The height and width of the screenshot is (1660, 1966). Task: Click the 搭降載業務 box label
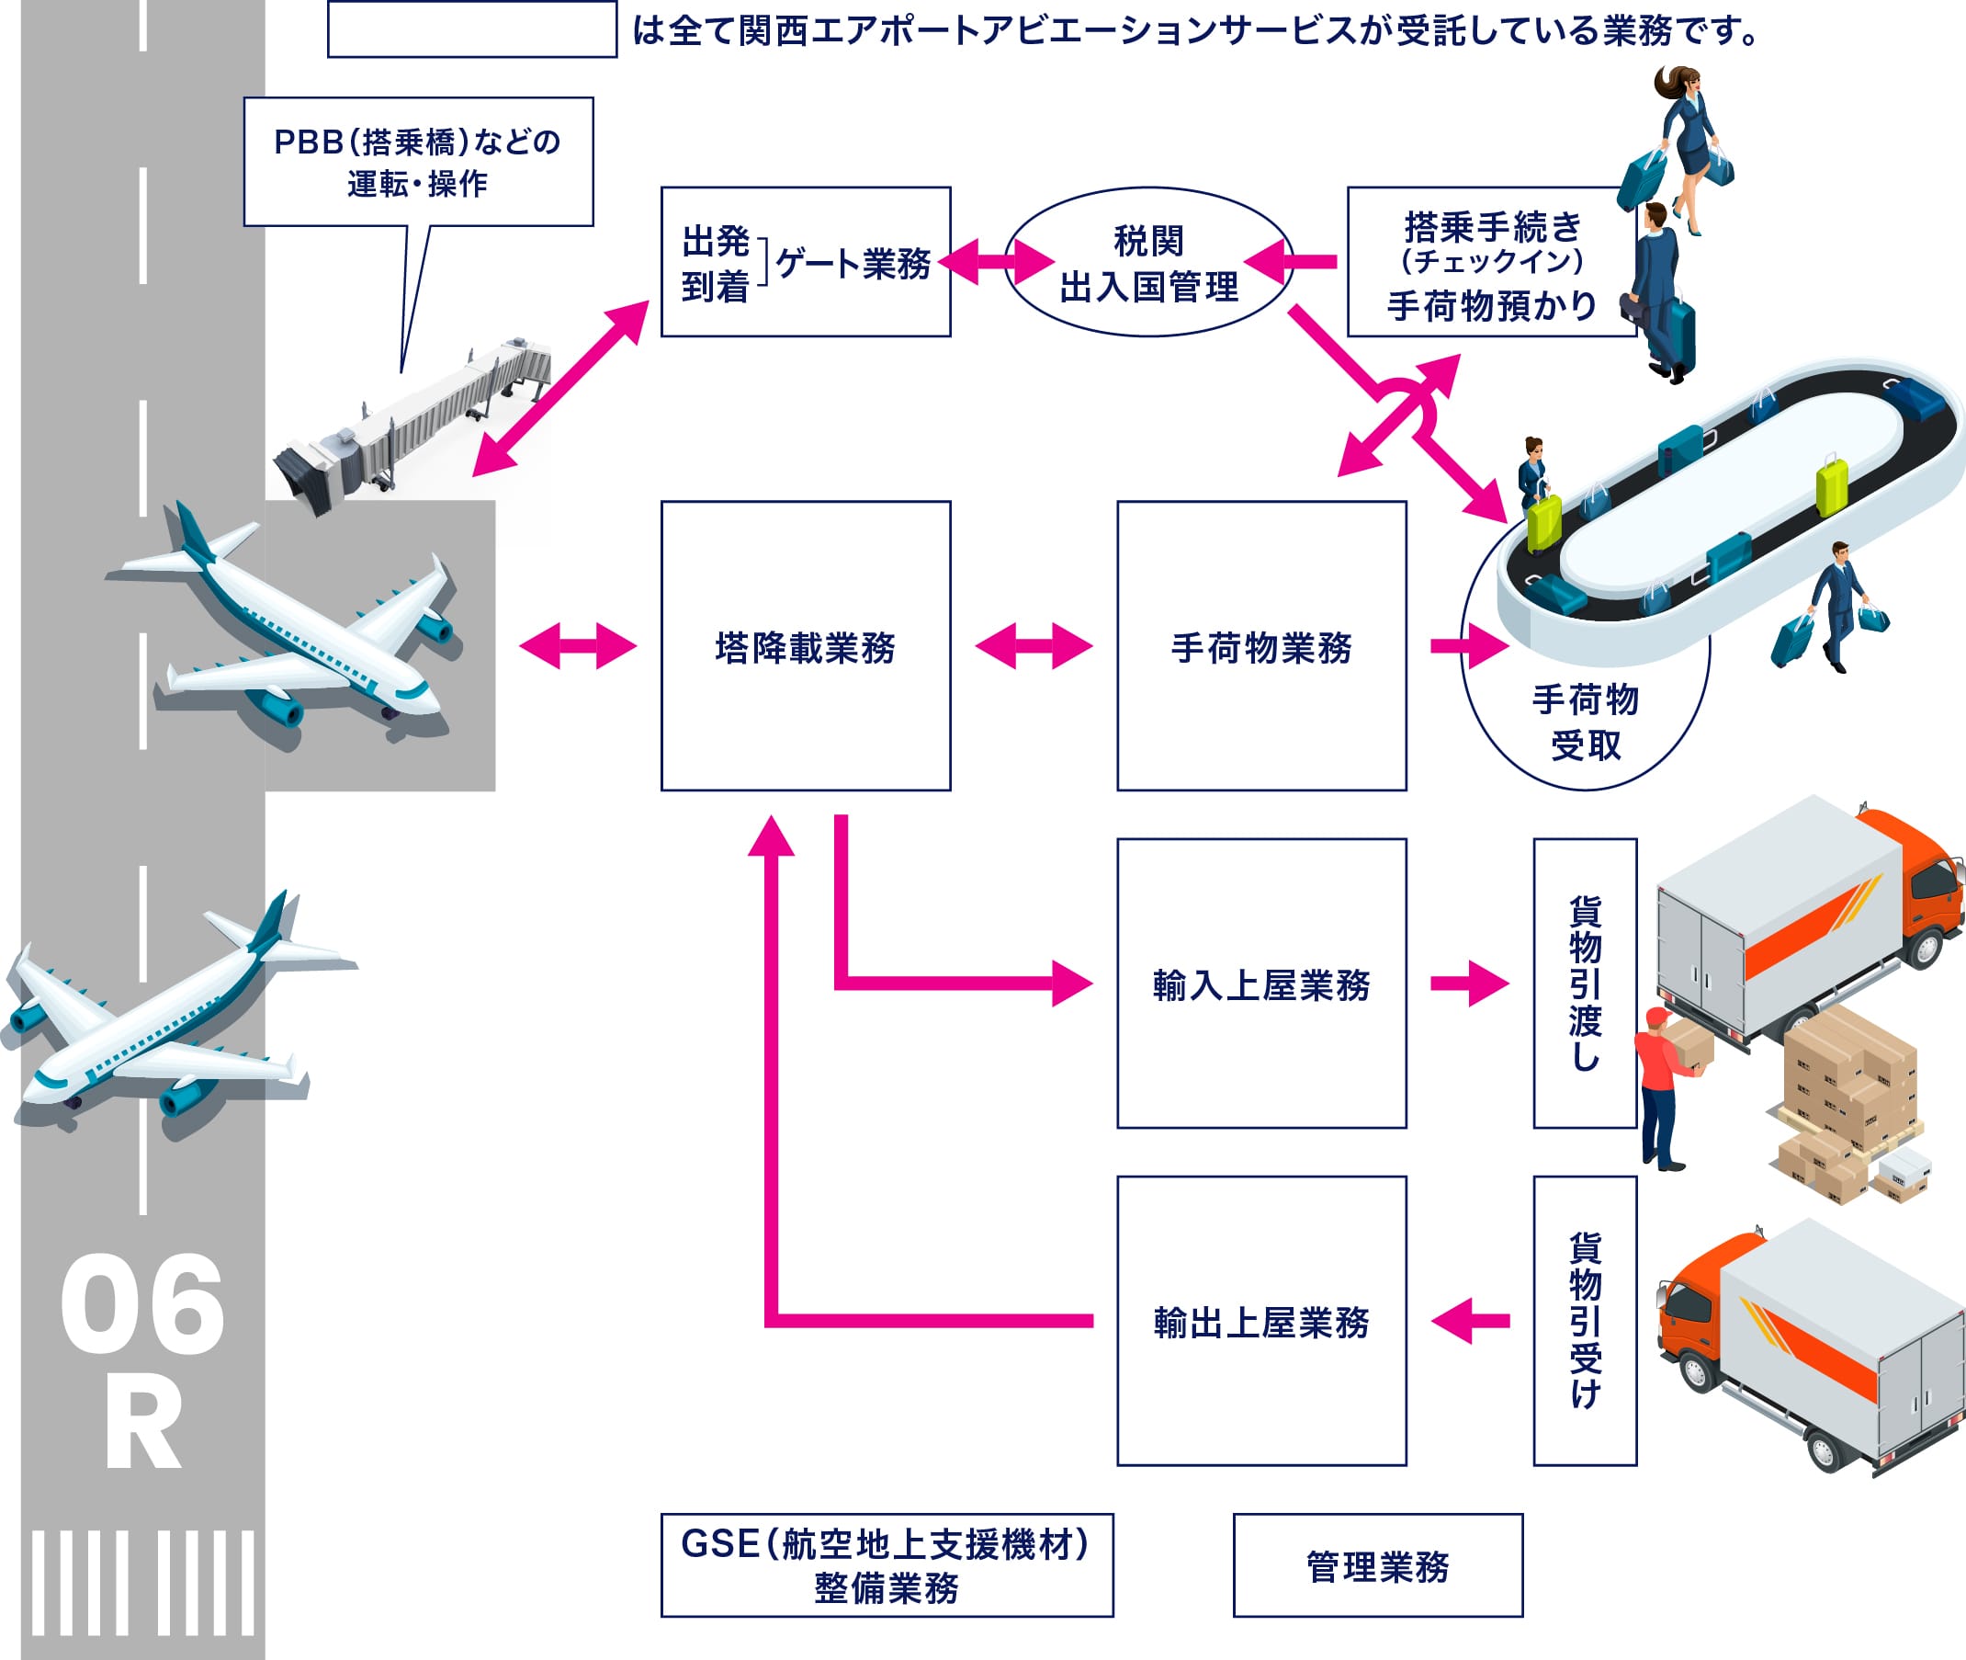805,648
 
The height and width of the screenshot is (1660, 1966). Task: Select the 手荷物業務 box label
1261,648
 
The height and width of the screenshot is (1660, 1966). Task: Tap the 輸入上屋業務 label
1261,985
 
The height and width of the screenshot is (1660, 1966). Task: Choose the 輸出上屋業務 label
1261,1322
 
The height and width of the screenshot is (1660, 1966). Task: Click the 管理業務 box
1377,1567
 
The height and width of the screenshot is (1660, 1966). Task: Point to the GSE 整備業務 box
887,1566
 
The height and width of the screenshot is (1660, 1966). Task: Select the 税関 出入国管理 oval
1148,264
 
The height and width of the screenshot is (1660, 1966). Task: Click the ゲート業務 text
853,264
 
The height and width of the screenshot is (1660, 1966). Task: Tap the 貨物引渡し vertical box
1585,983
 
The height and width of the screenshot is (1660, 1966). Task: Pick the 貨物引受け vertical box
1585,1320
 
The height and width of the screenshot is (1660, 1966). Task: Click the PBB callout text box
418,162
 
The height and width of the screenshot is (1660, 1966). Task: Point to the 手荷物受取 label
1586,722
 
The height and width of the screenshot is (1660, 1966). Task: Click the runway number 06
142,1306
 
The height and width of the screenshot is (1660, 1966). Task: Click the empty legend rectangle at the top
472,31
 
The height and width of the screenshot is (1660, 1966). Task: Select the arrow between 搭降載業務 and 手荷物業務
1034,646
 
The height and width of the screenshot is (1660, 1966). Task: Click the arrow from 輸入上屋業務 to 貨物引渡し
1469,984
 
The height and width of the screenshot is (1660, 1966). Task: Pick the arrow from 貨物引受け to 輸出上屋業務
1469,1322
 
